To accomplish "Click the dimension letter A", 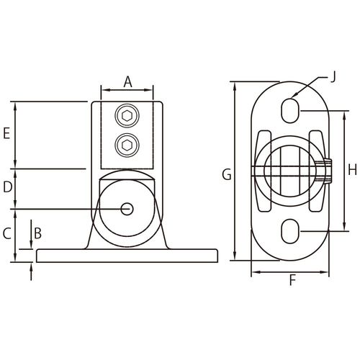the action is pos(128,82).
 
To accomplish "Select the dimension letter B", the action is pos(38,233).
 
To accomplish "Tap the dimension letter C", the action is pos(7,233).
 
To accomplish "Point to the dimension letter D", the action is pos(8,187).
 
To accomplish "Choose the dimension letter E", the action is pos(6,133).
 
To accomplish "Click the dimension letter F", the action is pos(292,280).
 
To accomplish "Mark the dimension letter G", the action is pos(227,174).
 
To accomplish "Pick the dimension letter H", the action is pos(353,170).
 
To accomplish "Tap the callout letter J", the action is pos(333,78).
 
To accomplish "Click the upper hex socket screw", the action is pos(127,116).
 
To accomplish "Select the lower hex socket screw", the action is pos(127,145).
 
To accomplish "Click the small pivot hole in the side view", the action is pos(127,209).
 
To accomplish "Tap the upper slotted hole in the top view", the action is pos(290,111).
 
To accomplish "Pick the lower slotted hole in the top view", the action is pos(290,231).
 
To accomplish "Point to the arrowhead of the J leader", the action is pos(294,94).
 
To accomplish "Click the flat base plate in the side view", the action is pos(127,256).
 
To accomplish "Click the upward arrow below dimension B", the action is pos(31,271).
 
